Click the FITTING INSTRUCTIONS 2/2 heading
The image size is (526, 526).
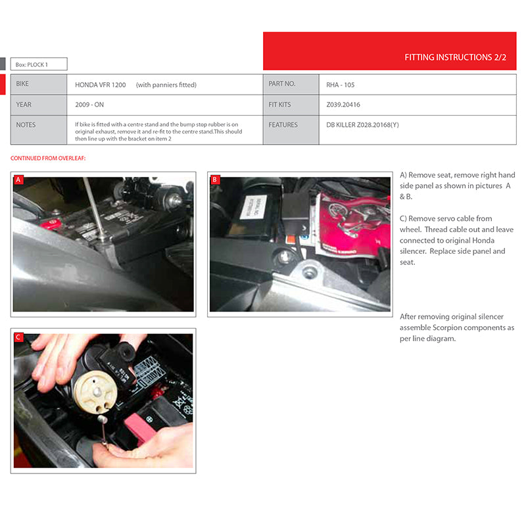point(455,57)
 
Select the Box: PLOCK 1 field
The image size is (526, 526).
point(39,64)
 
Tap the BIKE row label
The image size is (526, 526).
point(22,84)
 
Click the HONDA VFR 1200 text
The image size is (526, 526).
point(101,85)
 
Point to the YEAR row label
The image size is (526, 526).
point(24,105)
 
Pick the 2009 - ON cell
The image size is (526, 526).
point(89,105)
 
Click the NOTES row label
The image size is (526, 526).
point(26,125)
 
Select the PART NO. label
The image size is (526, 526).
point(282,84)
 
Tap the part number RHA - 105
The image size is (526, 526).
point(340,85)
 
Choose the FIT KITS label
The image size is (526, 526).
point(279,105)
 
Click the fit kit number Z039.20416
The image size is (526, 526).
point(343,105)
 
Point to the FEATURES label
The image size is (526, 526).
point(283,125)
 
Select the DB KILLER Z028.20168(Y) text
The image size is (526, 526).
point(363,125)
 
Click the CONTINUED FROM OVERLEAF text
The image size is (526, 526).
point(48,158)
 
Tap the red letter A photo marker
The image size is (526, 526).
point(18,179)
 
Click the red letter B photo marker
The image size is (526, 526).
point(215,179)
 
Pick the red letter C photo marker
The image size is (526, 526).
point(18,337)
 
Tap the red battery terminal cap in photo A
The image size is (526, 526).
point(51,224)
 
